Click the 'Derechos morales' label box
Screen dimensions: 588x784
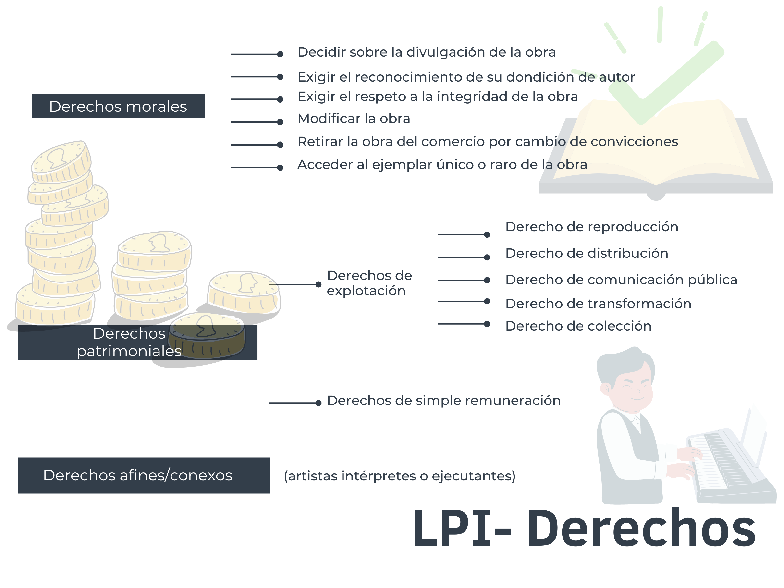118,106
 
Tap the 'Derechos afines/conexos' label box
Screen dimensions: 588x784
144,475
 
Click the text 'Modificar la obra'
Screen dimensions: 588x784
354,118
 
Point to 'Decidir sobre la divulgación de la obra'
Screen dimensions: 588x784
426,52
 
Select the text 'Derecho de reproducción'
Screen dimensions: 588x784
591,227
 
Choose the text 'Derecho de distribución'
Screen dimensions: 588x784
587,253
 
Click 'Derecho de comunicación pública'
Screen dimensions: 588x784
621,280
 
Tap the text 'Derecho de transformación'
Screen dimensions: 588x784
598,304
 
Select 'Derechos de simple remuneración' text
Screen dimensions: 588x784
444,401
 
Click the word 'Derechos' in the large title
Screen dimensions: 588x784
641,528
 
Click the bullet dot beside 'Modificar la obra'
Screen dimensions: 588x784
280,122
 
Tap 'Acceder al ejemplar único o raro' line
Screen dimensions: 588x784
442,164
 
